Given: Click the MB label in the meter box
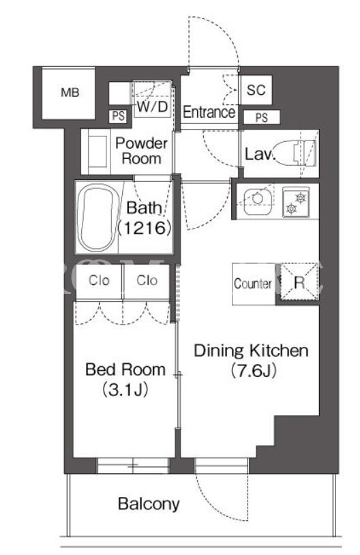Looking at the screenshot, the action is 70,93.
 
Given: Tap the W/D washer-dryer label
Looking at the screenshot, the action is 152,106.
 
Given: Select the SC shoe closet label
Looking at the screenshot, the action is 256,90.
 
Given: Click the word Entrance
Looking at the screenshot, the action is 209,112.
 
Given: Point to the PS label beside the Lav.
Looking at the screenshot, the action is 262,117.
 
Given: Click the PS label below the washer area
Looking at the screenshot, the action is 119,116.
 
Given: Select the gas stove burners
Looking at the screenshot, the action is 296,202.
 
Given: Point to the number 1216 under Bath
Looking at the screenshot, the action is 145,228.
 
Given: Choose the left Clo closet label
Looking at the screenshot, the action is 99,281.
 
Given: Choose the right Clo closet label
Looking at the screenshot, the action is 147,281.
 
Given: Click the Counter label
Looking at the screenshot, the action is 253,284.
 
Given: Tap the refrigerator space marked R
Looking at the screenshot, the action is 299,282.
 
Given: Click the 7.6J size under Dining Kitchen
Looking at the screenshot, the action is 253,371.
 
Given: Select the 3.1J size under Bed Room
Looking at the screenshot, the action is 125,390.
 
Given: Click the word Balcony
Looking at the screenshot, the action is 149,504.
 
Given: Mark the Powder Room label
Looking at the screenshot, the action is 141,151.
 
